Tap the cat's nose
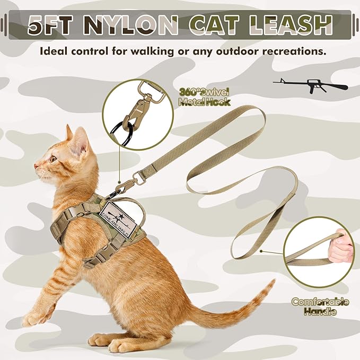click(36, 166)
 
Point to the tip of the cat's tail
click(271, 284)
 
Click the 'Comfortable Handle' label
click(320, 306)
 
